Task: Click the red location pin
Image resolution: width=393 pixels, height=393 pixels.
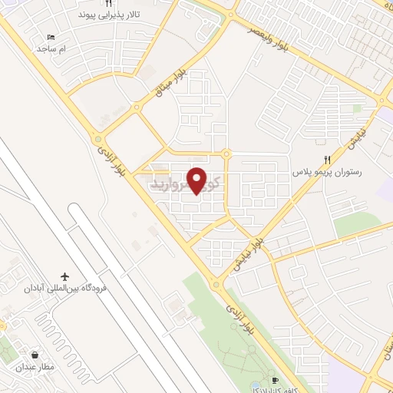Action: pyautogui.click(x=198, y=180)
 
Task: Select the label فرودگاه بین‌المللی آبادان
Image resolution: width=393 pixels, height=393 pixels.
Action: pyautogui.click(x=64, y=288)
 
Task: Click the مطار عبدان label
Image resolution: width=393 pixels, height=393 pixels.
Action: pyautogui.click(x=35, y=368)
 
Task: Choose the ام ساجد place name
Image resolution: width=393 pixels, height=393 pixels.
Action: pyautogui.click(x=51, y=48)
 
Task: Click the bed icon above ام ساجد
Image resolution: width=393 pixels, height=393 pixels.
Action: pyautogui.click(x=51, y=37)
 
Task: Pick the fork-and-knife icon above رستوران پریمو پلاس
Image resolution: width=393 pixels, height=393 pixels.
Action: pyautogui.click(x=327, y=160)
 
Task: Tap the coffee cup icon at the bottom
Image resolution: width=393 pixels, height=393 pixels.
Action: pyautogui.click(x=276, y=380)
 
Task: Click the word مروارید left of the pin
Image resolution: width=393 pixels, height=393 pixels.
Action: pyautogui.click(x=169, y=185)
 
